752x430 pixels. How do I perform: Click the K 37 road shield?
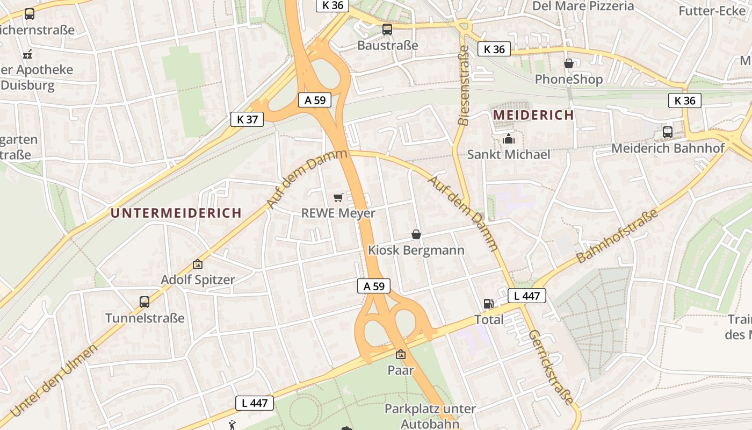(x=247, y=119)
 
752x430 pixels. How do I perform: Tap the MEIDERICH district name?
(x=533, y=115)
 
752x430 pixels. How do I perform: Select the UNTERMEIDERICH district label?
(x=176, y=213)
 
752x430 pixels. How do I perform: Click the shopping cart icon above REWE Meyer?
(x=338, y=198)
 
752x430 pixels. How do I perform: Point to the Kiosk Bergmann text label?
(x=416, y=250)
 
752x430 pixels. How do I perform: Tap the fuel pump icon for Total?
(x=488, y=304)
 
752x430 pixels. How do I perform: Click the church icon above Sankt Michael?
(x=508, y=139)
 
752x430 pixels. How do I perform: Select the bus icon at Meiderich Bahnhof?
(x=667, y=132)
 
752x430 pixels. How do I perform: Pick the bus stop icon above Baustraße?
(x=387, y=30)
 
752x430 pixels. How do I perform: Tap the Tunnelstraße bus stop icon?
(x=144, y=302)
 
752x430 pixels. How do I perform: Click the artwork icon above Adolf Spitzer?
(x=198, y=264)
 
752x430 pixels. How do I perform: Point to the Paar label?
(x=401, y=370)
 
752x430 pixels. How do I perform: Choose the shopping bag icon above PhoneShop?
(x=568, y=64)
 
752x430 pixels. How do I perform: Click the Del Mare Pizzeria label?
(x=583, y=6)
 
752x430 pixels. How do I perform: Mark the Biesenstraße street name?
(x=464, y=85)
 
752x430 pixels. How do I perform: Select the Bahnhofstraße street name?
(x=617, y=236)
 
